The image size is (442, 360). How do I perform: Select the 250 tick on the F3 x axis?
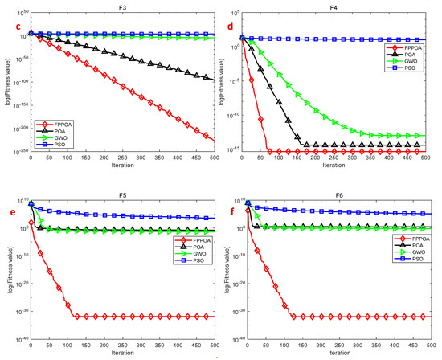pos(122,157)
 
